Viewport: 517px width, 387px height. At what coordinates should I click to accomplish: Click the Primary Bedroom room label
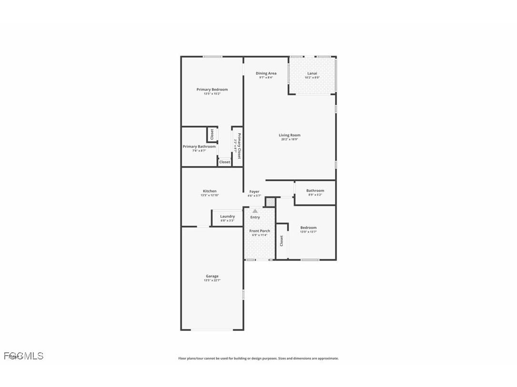click(x=212, y=89)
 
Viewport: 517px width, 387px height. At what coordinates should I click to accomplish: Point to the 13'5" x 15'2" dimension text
click(x=212, y=94)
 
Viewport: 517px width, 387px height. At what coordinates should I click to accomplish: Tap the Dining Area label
click(x=266, y=73)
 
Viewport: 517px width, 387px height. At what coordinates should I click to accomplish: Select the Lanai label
click(x=312, y=73)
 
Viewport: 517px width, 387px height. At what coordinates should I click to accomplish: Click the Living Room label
click(x=289, y=135)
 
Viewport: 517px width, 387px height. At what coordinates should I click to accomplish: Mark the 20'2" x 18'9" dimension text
click(x=289, y=139)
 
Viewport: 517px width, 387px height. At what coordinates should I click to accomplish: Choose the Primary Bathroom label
click(x=199, y=146)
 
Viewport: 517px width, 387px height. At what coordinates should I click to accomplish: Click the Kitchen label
click(x=209, y=191)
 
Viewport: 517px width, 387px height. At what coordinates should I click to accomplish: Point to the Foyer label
click(x=254, y=192)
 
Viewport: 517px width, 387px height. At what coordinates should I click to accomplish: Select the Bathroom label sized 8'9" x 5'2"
click(x=315, y=191)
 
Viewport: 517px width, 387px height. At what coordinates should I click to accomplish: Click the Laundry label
click(x=227, y=216)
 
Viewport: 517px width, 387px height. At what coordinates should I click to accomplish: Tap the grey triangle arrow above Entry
click(x=255, y=211)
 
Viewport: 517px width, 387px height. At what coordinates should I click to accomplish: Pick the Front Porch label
click(x=259, y=231)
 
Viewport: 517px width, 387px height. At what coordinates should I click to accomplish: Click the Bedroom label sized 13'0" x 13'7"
click(x=308, y=228)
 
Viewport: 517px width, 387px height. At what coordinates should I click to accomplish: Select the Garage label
click(x=212, y=276)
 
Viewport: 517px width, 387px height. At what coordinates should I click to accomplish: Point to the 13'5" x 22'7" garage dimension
click(x=212, y=281)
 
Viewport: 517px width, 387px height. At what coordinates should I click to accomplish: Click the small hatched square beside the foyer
click(x=270, y=202)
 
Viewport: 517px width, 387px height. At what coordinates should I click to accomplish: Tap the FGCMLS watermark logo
click(x=23, y=356)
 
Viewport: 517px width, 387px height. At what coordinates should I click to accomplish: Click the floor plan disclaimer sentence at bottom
click(x=258, y=358)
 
